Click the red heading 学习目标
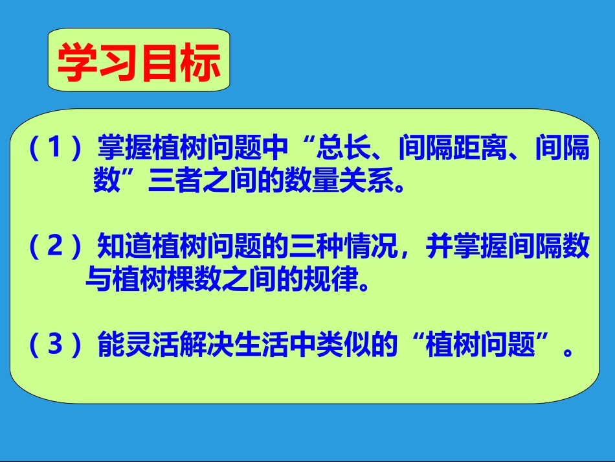coord(139,63)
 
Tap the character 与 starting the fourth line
coord(97,281)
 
